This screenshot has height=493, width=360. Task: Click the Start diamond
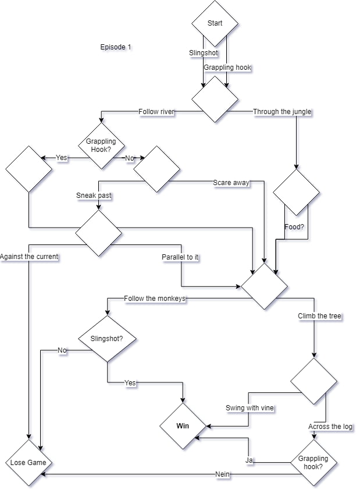point(215,23)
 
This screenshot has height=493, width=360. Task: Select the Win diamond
point(183,426)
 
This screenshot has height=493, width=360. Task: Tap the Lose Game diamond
point(28,463)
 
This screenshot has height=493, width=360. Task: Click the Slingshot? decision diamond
point(107,338)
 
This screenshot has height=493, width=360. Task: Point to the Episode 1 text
point(115,47)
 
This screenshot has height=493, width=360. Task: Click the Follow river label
point(156,111)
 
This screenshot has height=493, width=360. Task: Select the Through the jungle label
point(282,112)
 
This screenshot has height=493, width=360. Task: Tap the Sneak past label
point(94,196)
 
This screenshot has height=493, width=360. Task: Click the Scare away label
point(231,183)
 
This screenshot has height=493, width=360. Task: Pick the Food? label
point(294,227)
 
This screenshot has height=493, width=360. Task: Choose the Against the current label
point(29,257)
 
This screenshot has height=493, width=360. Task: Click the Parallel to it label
point(180,257)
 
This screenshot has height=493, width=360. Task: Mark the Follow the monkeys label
point(155,299)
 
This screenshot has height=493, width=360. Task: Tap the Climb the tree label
point(319,316)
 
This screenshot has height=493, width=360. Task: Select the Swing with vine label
point(249,408)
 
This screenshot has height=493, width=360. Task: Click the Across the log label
point(330,427)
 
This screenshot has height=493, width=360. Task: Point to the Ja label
point(249,460)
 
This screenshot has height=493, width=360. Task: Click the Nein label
point(222,475)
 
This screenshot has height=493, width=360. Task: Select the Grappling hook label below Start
point(227,68)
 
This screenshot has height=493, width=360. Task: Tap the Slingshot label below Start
point(204,53)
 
